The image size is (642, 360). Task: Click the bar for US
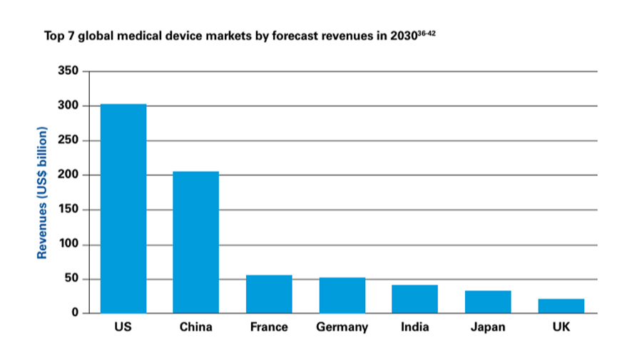click(x=123, y=209)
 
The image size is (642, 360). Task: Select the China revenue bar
click(x=196, y=242)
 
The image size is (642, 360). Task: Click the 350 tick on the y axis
click(x=68, y=71)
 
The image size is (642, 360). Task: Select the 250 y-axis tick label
click(x=68, y=140)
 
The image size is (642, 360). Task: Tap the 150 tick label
click(x=68, y=210)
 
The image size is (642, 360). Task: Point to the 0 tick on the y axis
click(x=73, y=314)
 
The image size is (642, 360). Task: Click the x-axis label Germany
click(x=342, y=328)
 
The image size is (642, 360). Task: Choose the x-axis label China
click(x=196, y=328)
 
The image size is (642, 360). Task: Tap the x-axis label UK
click(x=561, y=328)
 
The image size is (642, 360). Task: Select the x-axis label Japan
click(x=488, y=328)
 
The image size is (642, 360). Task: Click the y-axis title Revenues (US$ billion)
click(x=42, y=192)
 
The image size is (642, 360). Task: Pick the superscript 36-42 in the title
click(x=425, y=31)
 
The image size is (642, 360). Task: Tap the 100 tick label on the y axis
click(x=68, y=245)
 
